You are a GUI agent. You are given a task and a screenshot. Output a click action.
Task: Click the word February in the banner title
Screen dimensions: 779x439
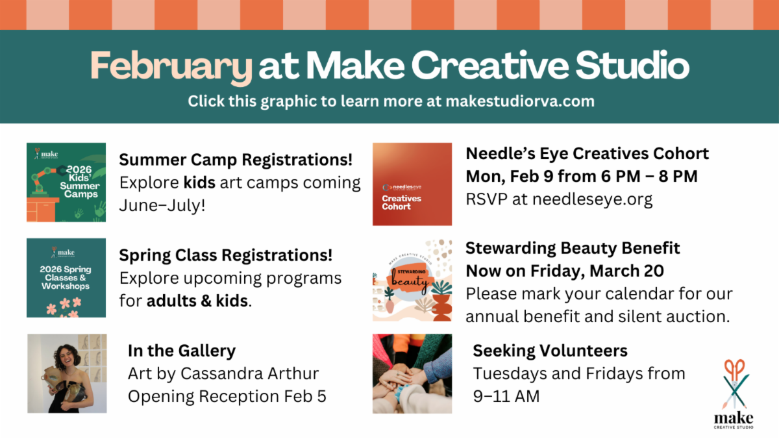171,67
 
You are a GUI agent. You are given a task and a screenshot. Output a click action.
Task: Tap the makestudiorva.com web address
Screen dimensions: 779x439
520,101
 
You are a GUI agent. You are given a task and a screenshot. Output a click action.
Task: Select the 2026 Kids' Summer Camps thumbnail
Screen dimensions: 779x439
66,182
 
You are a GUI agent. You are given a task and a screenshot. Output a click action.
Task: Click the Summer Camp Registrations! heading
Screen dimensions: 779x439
236,160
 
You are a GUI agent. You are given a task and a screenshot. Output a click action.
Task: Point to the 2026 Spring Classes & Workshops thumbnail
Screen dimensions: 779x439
66,277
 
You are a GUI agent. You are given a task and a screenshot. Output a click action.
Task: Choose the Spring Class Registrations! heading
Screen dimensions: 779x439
226,255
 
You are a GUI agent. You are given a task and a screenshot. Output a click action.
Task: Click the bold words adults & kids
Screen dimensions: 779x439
197,301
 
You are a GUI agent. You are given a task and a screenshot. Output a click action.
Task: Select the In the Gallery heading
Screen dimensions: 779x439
182,351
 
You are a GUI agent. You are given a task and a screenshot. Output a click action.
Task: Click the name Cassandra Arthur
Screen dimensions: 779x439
249,373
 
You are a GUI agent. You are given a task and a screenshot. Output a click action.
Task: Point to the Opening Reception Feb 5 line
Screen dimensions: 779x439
227,396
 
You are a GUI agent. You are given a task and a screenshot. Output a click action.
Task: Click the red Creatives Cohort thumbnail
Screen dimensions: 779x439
412,184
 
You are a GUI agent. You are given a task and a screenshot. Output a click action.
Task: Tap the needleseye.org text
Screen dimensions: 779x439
592,199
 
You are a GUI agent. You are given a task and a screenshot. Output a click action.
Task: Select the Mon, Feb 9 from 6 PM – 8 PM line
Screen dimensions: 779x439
582,176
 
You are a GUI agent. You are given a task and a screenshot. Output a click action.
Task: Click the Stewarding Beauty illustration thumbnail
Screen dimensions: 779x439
412,280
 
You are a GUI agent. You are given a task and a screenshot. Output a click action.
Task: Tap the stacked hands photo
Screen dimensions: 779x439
412,373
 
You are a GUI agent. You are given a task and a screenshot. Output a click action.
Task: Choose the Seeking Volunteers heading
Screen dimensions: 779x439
550,351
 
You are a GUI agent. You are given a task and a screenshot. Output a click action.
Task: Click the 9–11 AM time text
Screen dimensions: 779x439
506,396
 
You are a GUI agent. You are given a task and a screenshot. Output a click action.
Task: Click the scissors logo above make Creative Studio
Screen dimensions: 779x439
734,384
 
